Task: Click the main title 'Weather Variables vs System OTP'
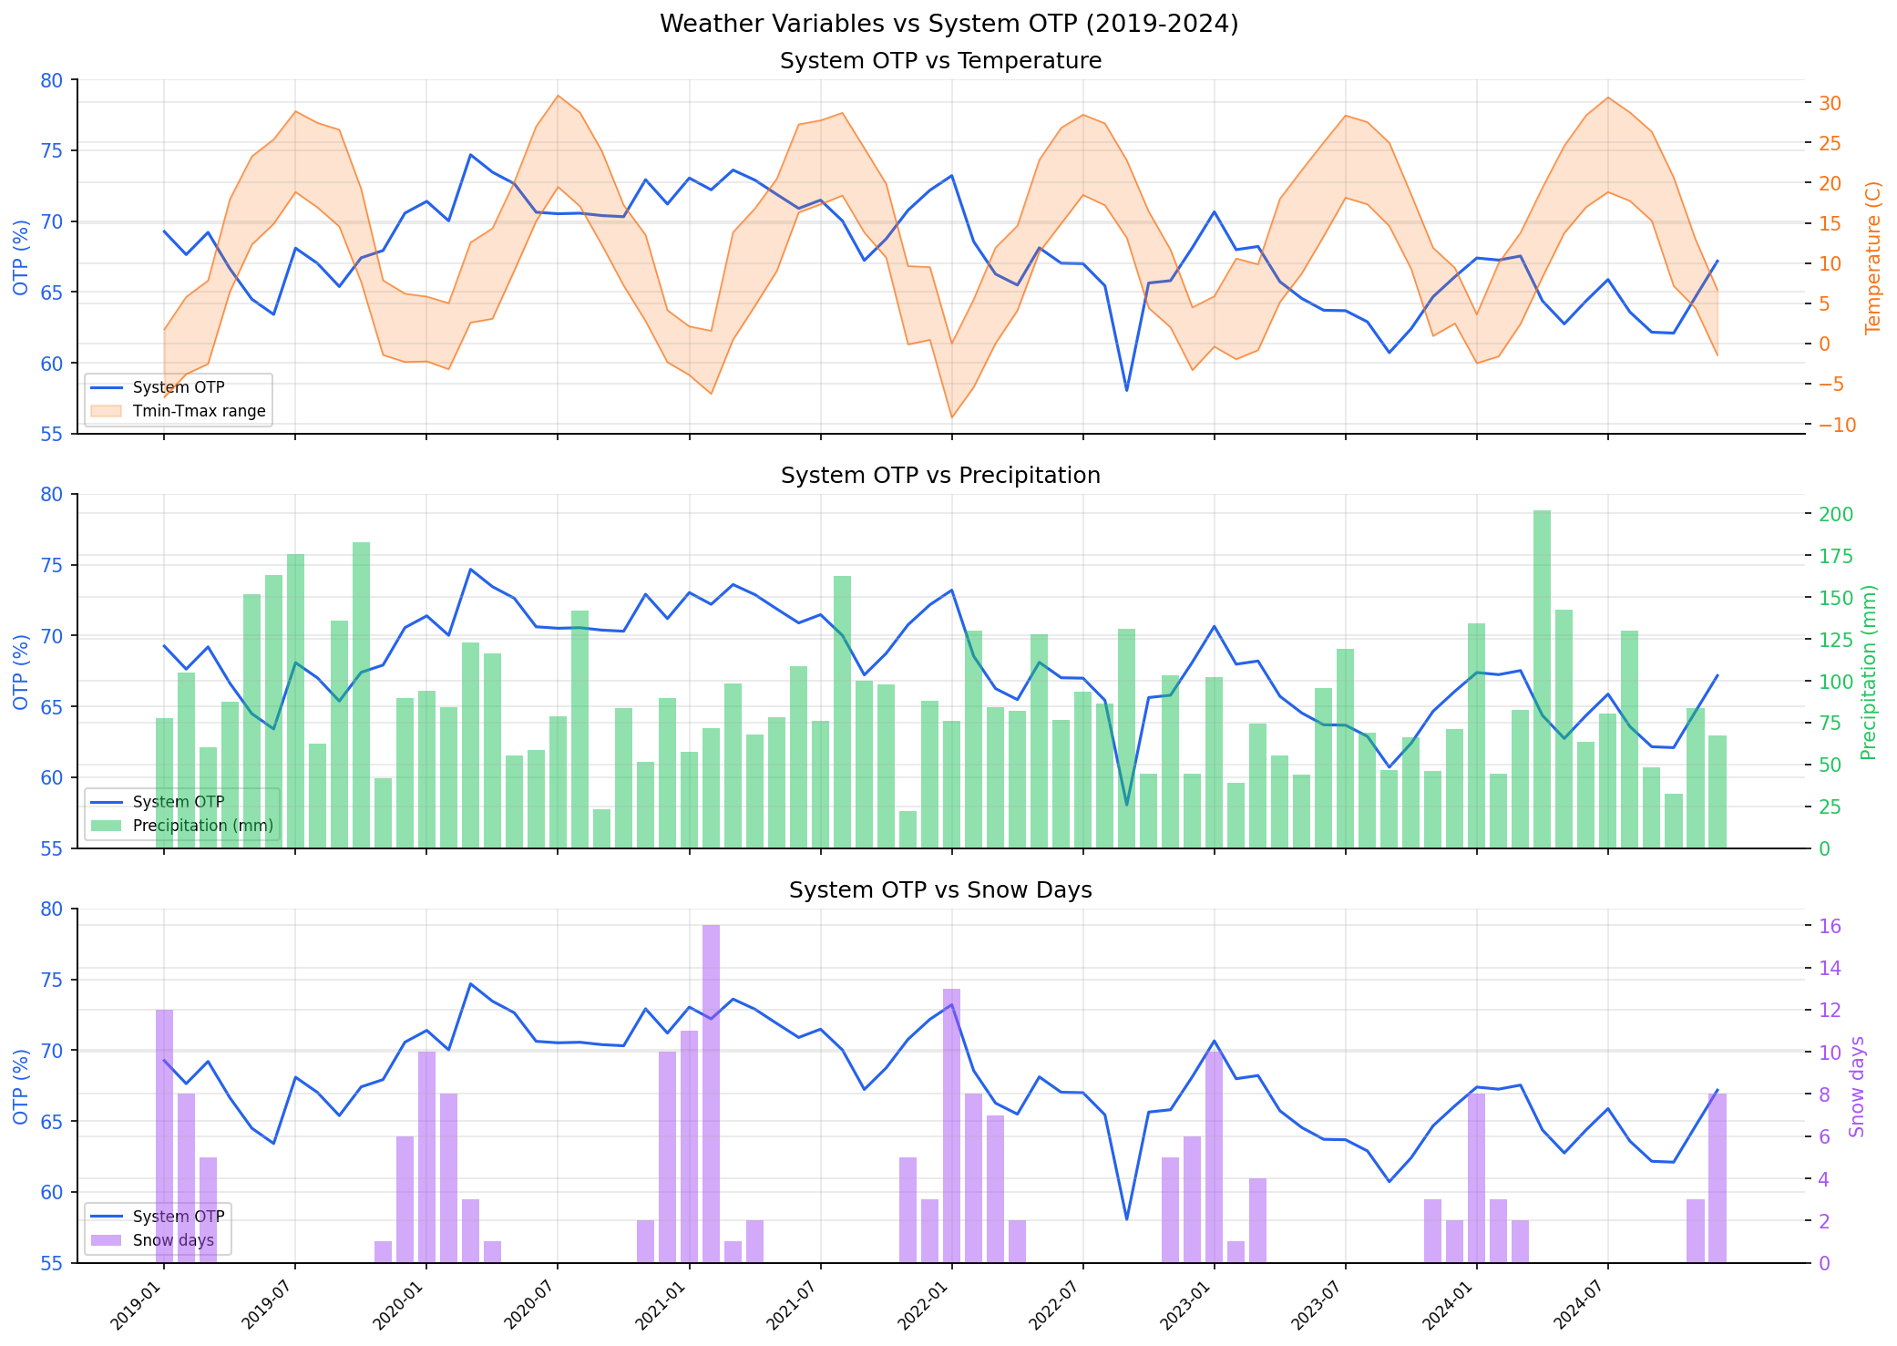(x=948, y=24)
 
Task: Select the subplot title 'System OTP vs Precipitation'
(x=940, y=476)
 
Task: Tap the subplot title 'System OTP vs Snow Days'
(x=940, y=890)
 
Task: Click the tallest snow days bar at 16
(x=711, y=1094)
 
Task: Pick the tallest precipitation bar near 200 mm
(x=1542, y=679)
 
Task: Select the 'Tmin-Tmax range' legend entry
(x=199, y=411)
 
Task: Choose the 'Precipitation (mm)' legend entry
(x=202, y=826)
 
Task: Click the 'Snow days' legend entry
(x=173, y=1240)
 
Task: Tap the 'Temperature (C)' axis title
(x=1873, y=258)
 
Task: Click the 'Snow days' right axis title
(x=1857, y=1086)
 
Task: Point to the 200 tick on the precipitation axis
(x=1835, y=515)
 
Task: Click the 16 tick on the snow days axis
(x=1830, y=927)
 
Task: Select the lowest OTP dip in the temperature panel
(x=1126, y=390)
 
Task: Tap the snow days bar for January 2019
(x=164, y=1135)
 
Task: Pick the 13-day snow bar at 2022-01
(x=951, y=1125)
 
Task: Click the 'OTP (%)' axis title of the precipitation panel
(x=21, y=672)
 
